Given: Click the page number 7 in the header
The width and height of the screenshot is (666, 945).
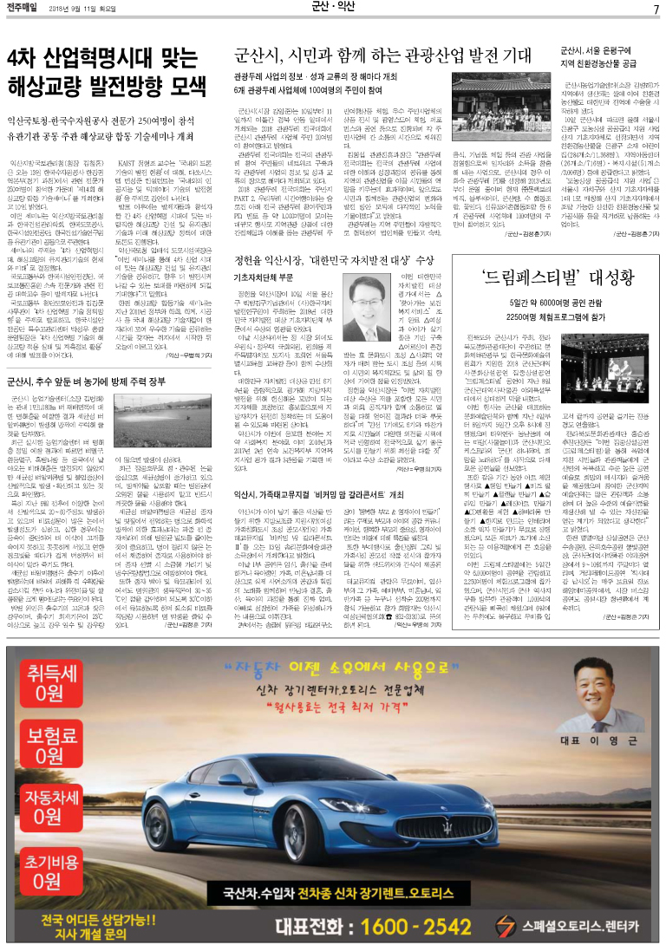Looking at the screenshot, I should [x=656, y=10].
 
